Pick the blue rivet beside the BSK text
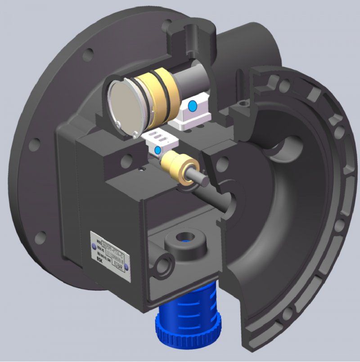click(127, 267)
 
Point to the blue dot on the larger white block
click(192, 106)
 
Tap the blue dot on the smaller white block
click(157, 149)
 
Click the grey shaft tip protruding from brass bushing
click(202, 180)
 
